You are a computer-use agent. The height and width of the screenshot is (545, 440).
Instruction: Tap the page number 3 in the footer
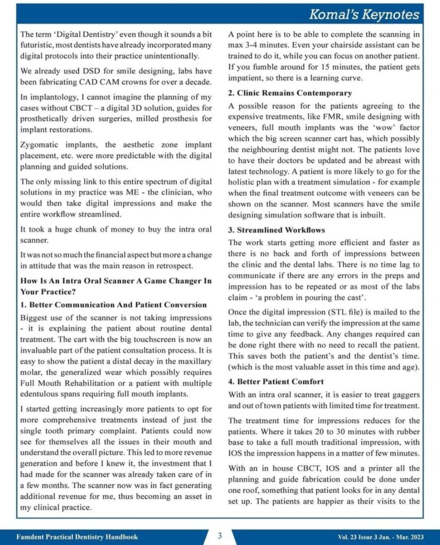coord(219,535)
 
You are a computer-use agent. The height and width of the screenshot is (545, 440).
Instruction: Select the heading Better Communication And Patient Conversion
coord(113,304)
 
